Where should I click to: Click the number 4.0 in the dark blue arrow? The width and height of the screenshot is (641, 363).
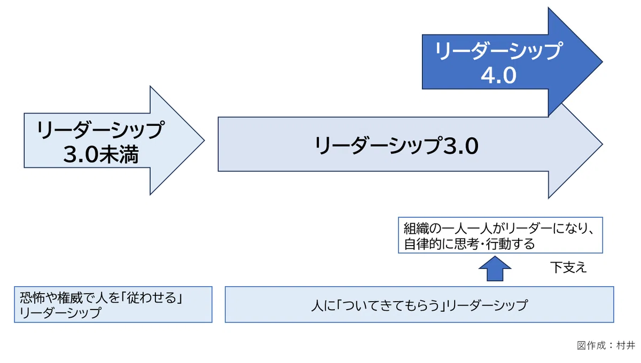(498, 75)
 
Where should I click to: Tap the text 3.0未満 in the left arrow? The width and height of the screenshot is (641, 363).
(101, 154)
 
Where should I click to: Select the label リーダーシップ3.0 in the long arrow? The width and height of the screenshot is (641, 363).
(396, 146)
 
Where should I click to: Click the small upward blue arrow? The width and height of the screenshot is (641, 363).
(495, 269)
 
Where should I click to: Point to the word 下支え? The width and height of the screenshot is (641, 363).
(568, 267)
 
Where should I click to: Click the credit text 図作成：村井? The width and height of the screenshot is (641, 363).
(606, 345)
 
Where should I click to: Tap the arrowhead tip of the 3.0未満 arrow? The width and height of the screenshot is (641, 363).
(204, 140)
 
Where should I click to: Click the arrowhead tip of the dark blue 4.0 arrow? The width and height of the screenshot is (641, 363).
(603, 62)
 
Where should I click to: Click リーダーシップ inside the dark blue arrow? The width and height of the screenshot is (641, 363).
(498, 51)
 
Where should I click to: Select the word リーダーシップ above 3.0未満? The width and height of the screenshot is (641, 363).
(101, 130)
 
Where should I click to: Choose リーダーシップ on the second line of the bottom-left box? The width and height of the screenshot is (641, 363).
(60, 313)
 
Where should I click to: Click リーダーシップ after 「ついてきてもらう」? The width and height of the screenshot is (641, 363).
(487, 305)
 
